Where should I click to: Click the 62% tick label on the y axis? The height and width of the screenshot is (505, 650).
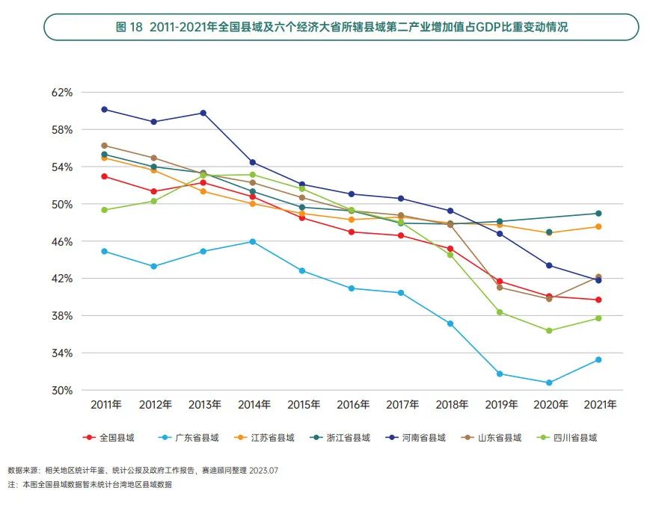pos(62,93)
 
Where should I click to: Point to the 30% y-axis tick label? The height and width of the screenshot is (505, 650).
pos(62,390)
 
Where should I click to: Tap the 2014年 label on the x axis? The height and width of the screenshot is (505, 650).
pos(254,405)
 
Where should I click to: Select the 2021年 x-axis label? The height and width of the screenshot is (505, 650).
pos(601,405)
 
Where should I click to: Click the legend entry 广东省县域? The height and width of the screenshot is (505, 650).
pos(197,438)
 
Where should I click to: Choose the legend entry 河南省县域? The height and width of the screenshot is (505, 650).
pos(423,438)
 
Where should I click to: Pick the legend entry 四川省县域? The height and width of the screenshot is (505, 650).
pos(574,438)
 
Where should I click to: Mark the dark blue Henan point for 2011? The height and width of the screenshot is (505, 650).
pos(105,109)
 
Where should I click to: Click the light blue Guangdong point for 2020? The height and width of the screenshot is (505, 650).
pos(549,382)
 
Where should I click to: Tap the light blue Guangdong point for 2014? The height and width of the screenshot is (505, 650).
pos(253,241)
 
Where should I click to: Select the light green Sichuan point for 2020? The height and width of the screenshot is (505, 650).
pos(549,330)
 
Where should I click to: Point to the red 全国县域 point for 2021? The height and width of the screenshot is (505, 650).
pos(598,300)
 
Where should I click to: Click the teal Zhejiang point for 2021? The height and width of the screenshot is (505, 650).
pos(598,213)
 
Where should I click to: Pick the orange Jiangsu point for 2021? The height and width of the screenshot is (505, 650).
pos(598,226)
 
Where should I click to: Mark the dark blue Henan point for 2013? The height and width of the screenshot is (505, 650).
pos(203,113)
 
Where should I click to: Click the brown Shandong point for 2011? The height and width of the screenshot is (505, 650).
pos(105,145)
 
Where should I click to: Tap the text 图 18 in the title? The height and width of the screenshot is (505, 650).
pos(129,27)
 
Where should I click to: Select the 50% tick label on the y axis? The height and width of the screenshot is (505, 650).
pos(62,204)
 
